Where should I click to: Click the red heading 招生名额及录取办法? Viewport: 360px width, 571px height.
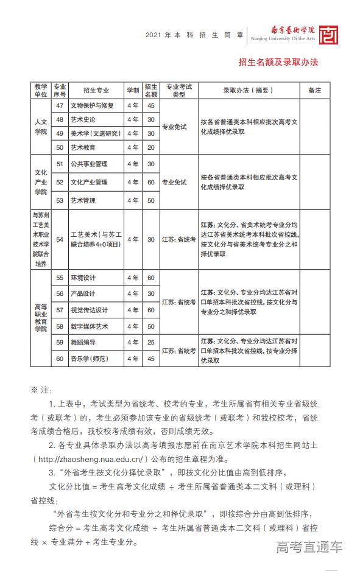pos(278,62)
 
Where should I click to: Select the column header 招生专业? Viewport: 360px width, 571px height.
pos(96,90)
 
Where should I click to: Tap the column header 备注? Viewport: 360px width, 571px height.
pos(314,90)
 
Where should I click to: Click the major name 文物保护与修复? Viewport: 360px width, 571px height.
pos(92,105)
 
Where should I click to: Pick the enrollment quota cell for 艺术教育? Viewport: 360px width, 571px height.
pos(151,147)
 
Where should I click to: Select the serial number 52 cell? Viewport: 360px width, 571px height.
pos(60,181)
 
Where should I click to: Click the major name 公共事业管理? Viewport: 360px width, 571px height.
pos(89,164)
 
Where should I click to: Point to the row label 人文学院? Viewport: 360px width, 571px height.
pos(41,126)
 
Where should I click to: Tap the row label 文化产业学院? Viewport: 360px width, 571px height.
pos(41,181)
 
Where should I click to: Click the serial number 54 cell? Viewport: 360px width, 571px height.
pos(60,239)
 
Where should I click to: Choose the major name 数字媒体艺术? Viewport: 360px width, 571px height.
pos(89,326)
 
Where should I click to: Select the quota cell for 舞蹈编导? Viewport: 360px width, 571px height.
pos(151,342)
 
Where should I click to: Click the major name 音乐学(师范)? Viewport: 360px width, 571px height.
pos(90,359)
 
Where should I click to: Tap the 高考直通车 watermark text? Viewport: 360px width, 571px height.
pos(309,547)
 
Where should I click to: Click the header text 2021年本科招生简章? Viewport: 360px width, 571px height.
pos(194,35)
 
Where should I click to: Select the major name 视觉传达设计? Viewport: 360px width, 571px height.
pos(89,310)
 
